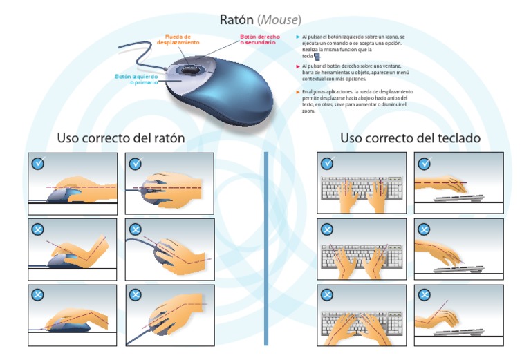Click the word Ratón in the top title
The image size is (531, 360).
[237, 19]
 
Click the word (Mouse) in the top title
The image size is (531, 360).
[279, 19]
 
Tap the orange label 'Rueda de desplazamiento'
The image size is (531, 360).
[178, 39]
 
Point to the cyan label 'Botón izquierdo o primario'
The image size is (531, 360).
[136, 79]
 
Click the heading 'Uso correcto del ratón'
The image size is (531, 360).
[121, 138]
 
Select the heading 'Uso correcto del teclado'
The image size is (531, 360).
[410, 138]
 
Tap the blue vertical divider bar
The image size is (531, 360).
[265, 249]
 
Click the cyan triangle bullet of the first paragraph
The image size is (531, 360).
[298, 36]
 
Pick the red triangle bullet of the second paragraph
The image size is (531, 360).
[298, 66]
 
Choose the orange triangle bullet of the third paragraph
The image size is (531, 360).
[298, 91]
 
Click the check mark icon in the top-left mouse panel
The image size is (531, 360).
[39, 164]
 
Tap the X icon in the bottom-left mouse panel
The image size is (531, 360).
[39, 295]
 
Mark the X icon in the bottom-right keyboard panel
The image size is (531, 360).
[424, 295]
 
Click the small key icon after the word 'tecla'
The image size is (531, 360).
[317, 56]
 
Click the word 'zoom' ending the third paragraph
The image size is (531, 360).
[308, 111]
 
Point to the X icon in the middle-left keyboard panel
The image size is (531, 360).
[327, 229]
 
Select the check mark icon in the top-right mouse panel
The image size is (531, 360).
[136, 164]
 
